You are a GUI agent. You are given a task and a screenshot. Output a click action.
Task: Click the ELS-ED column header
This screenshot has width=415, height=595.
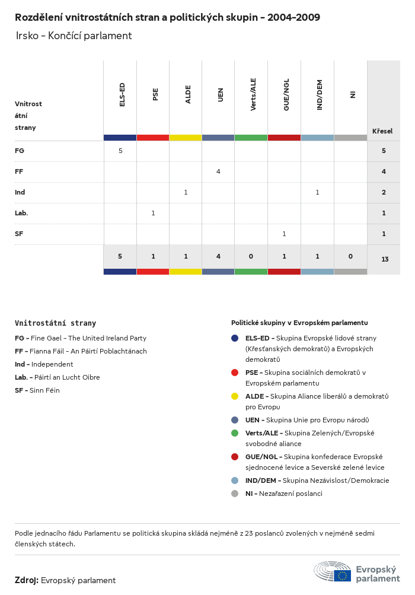122,94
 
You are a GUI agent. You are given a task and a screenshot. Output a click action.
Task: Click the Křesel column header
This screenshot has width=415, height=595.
382,131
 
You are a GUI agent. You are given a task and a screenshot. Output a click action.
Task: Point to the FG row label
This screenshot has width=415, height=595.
20,151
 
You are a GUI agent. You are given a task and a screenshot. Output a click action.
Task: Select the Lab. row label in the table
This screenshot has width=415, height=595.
21,213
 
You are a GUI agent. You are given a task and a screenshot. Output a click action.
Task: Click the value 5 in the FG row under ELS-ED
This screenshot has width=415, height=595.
120,151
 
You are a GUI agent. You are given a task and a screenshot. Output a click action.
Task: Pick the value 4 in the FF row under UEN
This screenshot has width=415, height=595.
218,171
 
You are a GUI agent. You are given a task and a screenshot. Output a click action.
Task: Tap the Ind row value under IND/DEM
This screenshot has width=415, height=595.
317,192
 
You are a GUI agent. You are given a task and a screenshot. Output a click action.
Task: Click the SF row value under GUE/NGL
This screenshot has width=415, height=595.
284,234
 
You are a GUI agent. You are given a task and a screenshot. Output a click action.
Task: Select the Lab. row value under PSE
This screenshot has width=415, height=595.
153,213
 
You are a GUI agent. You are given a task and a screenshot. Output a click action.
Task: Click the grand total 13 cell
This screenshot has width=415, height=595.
385,259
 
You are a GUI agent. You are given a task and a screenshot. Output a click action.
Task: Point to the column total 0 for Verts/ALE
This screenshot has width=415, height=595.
251,256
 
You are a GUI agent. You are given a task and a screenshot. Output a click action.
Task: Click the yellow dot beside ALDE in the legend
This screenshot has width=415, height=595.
235,396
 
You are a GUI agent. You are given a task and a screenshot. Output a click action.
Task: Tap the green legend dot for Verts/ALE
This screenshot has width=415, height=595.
235,433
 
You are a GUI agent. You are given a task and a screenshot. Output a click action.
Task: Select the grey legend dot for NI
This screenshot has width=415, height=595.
235,494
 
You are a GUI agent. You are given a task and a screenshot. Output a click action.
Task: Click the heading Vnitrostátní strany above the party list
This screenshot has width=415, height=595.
55,323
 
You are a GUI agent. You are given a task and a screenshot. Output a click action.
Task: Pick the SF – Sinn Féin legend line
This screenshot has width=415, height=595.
37,390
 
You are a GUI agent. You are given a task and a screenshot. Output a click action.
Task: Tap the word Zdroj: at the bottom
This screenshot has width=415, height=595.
27,580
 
